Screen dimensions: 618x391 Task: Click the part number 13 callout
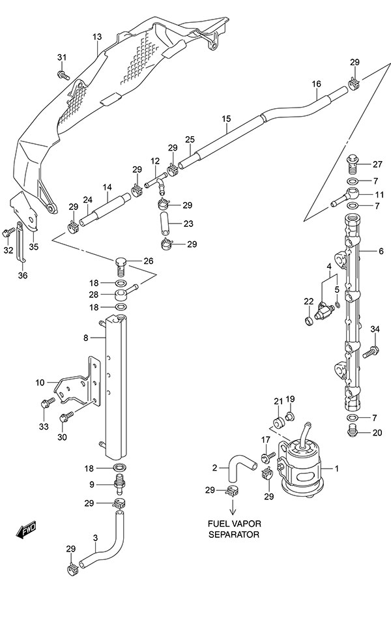96,37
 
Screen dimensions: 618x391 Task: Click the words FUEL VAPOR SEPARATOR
233,529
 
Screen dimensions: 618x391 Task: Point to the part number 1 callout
337,469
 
